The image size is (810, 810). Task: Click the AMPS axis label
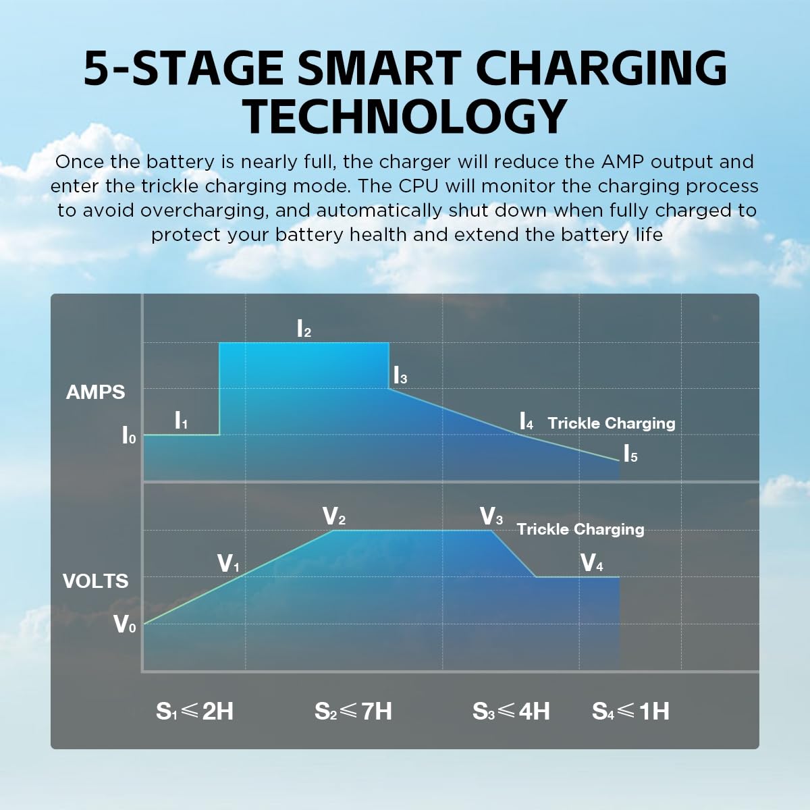tap(96, 392)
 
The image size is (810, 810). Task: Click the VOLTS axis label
tap(95, 581)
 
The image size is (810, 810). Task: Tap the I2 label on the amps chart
tap(304, 329)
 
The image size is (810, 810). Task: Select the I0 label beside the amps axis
tap(128, 435)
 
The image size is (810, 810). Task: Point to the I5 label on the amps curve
tap(630, 454)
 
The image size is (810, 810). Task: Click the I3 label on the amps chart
tap(400, 375)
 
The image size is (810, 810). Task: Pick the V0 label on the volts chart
tap(124, 624)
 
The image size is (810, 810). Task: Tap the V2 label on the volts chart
tap(334, 517)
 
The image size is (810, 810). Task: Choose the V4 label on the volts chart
tap(592, 563)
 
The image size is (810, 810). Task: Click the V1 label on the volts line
tap(228, 564)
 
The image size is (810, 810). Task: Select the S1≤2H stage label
tap(194, 711)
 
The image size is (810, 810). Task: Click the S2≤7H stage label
tap(353, 711)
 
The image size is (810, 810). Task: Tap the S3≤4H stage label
tap(511, 711)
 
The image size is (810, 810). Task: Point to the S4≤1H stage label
tap(630, 711)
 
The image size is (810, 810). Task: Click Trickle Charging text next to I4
tap(612, 423)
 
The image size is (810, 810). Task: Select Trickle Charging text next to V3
tap(580, 529)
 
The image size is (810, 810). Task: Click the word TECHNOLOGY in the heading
tap(405, 116)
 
